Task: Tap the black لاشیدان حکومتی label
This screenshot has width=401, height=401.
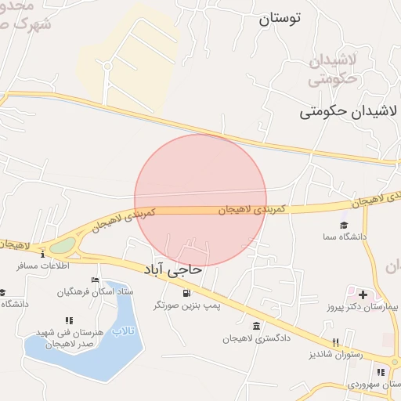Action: pyautogui.click(x=349, y=112)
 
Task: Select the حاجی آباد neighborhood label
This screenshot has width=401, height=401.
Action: pyautogui.click(x=173, y=269)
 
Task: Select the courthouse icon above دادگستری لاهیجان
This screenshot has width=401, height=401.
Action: pyautogui.click(x=256, y=326)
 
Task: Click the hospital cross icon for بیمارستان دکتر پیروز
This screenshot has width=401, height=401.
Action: pyautogui.click(x=363, y=294)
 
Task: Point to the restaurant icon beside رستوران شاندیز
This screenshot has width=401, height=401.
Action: pyautogui.click(x=336, y=342)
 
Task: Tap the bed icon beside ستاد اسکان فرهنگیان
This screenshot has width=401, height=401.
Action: pyautogui.click(x=95, y=280)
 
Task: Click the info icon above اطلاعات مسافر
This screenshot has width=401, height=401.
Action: pyautogui.click(x=43, y=254)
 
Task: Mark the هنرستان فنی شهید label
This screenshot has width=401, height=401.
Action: pyautogui.click(x=75, y=332)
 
